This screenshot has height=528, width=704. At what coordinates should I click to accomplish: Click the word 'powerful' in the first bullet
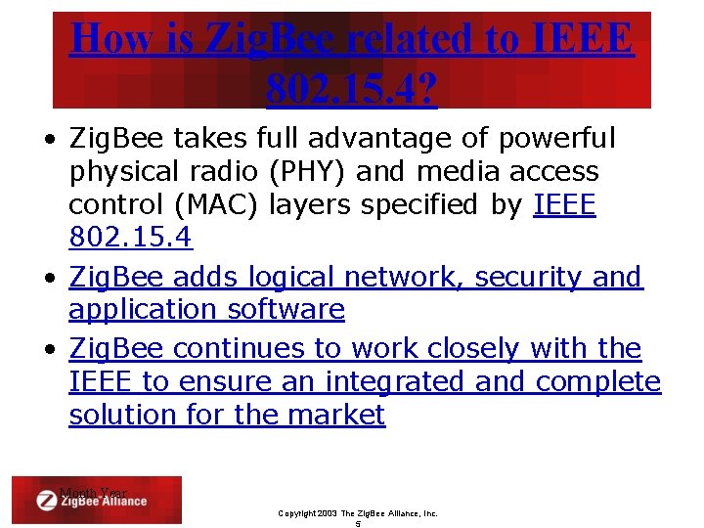click(557, 139)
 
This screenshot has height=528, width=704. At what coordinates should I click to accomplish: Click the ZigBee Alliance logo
click(95, 501)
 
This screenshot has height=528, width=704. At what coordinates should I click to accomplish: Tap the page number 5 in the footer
click(358, 523)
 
